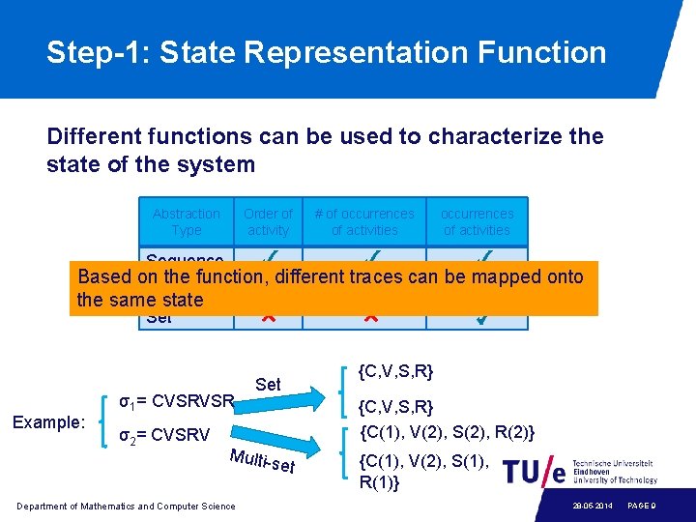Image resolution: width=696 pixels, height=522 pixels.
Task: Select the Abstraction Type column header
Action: pos(187,221)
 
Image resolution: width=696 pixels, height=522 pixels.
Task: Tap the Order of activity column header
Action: pos(268,221)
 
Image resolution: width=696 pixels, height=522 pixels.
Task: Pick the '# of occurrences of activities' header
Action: pos(364,221)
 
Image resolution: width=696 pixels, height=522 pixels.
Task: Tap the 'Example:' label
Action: pos(49,422)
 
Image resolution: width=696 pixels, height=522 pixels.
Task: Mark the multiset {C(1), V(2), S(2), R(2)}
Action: pos(448,431)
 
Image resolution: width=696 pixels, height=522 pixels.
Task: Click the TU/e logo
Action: pos(532,471)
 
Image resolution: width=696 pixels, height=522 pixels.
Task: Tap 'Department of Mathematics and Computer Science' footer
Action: pos(126,506)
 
